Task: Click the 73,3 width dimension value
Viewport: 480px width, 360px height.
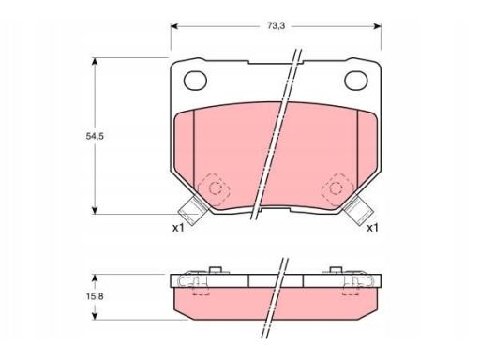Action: tap(276, 26)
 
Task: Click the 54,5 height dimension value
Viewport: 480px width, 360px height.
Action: tap(95, 136)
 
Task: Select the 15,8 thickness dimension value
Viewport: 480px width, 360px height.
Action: tap(95, 296)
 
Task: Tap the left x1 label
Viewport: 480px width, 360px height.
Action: tap(179, 228)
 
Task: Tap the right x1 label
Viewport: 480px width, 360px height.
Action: tap(372, 228)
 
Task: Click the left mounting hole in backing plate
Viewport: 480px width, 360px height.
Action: tap(195, 81)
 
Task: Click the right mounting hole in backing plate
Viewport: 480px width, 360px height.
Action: tap(356, 81)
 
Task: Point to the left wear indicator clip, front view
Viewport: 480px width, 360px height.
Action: tap(192, 210)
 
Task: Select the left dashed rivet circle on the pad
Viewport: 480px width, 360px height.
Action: tap(215, 188)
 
